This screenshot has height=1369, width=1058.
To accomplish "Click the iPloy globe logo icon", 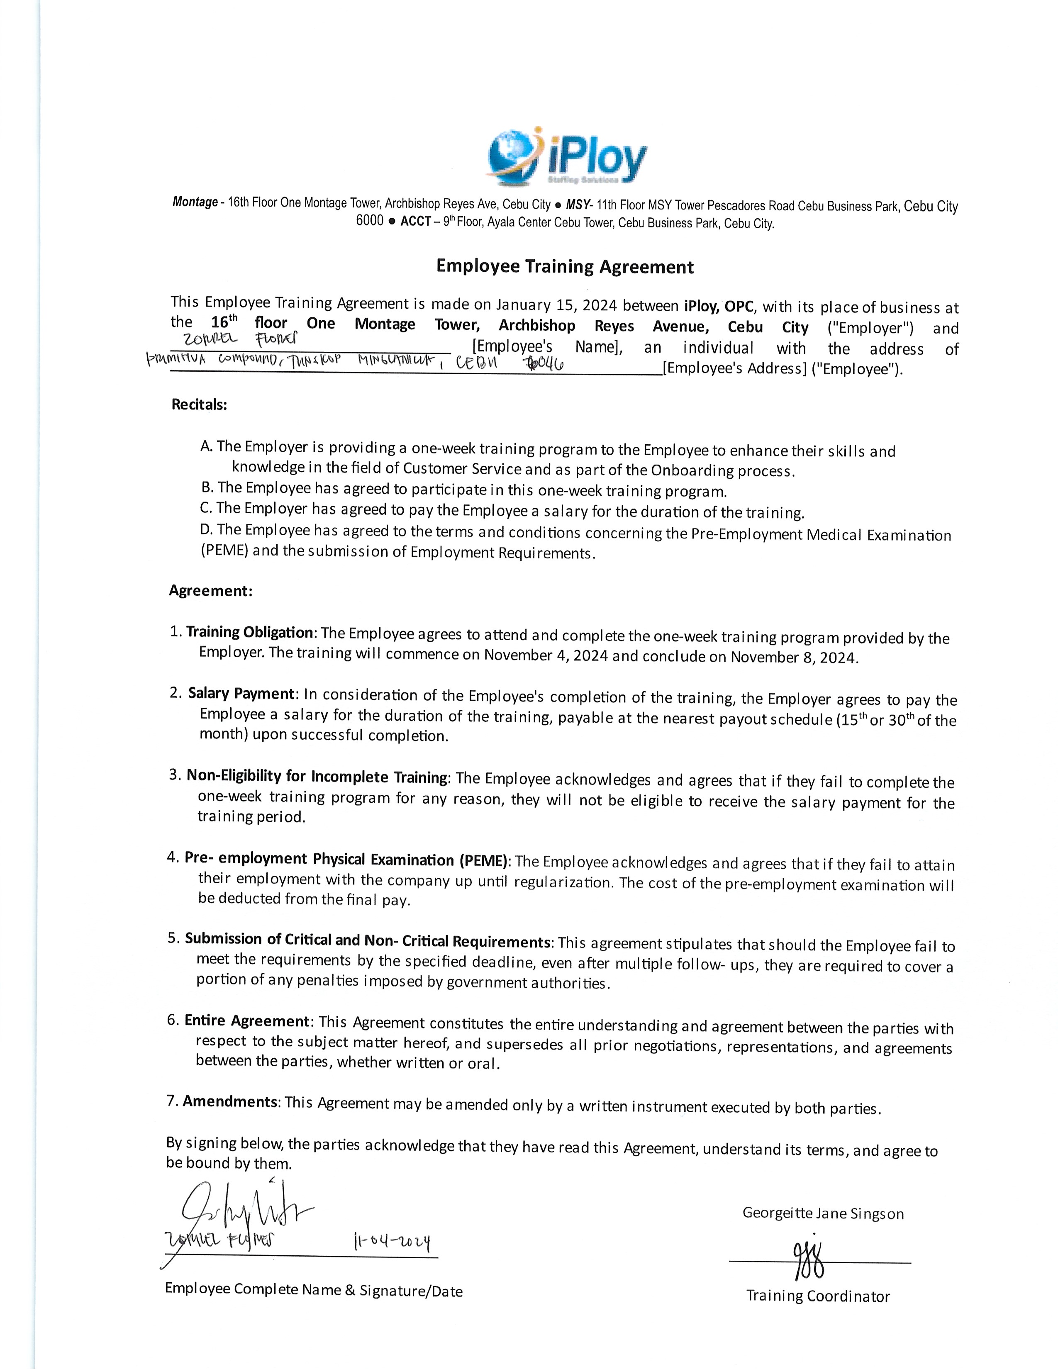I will tap(513, 157).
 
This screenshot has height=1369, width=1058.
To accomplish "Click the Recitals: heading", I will tap(199, 404).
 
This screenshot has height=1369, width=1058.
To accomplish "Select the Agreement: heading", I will tap(211, 590).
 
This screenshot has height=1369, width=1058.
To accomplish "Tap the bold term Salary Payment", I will tap(241, 693).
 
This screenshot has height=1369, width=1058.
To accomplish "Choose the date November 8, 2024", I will tap(793, 657).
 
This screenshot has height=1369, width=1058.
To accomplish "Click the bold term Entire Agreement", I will tap(247, 1021).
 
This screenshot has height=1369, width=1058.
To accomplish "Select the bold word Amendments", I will tap(230, 1101).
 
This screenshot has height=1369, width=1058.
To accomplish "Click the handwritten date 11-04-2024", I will tap(392, 1241).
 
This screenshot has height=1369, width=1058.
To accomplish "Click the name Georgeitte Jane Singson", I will tap(823, 1213).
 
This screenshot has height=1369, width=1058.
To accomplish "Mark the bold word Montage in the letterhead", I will tap(195, 202).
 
